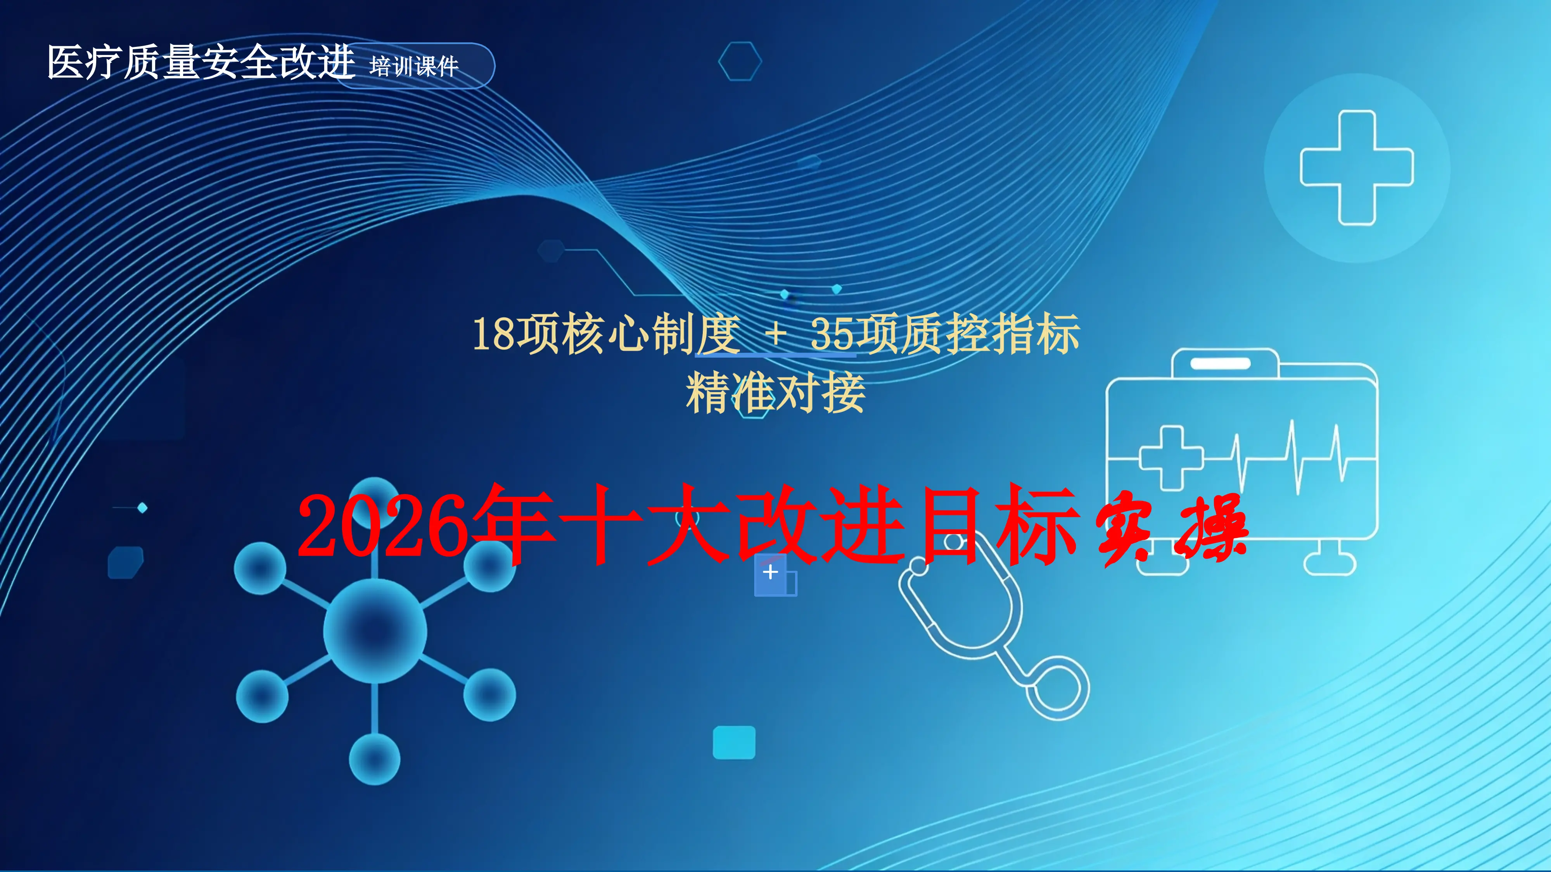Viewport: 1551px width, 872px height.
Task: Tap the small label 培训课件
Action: click(414, 66)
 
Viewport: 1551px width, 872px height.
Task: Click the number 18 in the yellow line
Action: click(493, 334)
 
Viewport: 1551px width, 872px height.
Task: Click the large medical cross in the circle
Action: click(1357, 168)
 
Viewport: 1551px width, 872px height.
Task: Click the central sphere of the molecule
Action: click(375, 630)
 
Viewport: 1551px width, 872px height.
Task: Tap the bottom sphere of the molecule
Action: click(375, 759)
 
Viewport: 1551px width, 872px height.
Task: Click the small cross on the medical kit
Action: click(1171, 457)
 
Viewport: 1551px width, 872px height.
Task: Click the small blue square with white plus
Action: click(771, 574)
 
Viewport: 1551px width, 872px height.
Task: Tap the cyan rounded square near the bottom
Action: click(734, 742)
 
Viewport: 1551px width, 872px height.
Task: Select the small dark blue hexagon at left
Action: click(125, 562)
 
